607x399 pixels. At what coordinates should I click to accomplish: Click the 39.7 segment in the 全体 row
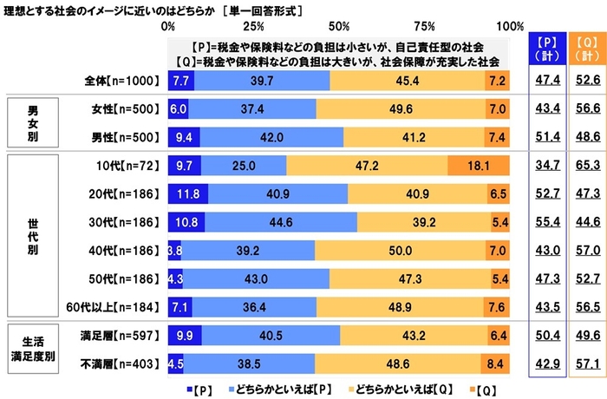(x=261, y=81)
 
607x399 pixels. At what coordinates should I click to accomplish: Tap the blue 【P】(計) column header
(x=547, y=48)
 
